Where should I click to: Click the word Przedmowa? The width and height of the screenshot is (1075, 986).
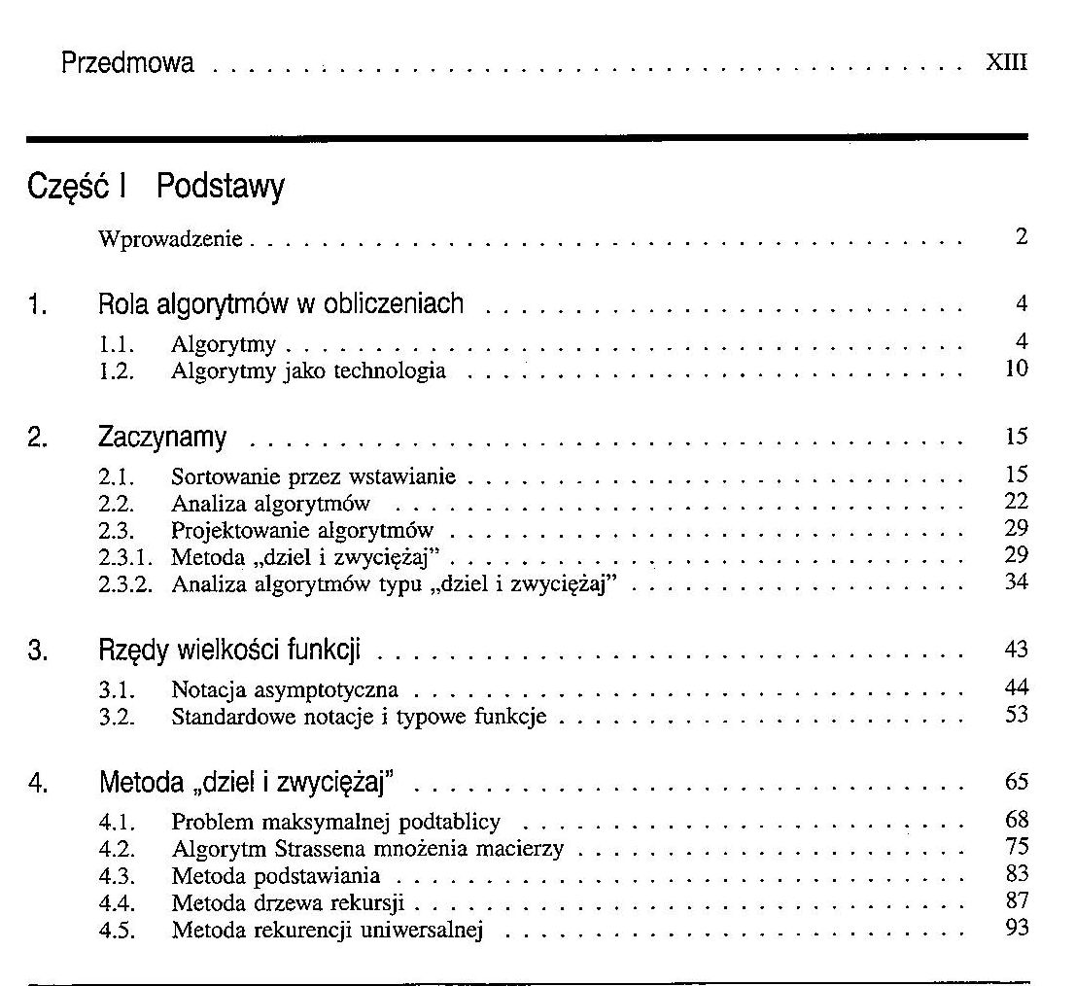pos(127,64)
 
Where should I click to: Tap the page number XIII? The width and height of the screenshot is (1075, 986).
pos(1006,65)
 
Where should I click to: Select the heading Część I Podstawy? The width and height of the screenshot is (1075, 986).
pos(156,187)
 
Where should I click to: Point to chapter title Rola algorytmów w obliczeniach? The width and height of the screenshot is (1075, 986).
pos(281,304)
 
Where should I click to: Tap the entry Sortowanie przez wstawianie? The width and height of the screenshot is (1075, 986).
pos(313,477)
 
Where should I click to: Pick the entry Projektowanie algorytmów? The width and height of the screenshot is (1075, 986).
pos(302,530)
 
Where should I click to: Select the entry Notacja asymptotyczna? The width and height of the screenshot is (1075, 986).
pos(285,691)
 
